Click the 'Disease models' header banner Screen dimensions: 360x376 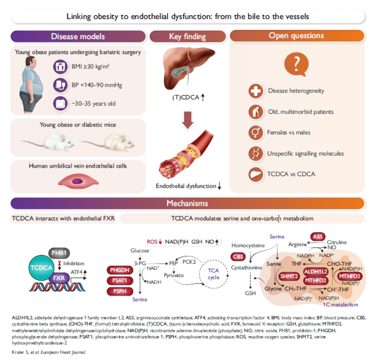(x=78, y=36)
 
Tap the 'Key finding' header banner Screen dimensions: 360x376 (x=188, y=36)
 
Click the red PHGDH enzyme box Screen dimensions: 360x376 (x=121, y=270)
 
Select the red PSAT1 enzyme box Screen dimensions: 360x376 (x=121, y=280)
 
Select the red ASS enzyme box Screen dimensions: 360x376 (x=319, y=236)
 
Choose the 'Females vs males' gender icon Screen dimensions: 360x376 (x=255, y=132)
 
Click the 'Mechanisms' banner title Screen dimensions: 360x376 (x=188, y=203)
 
